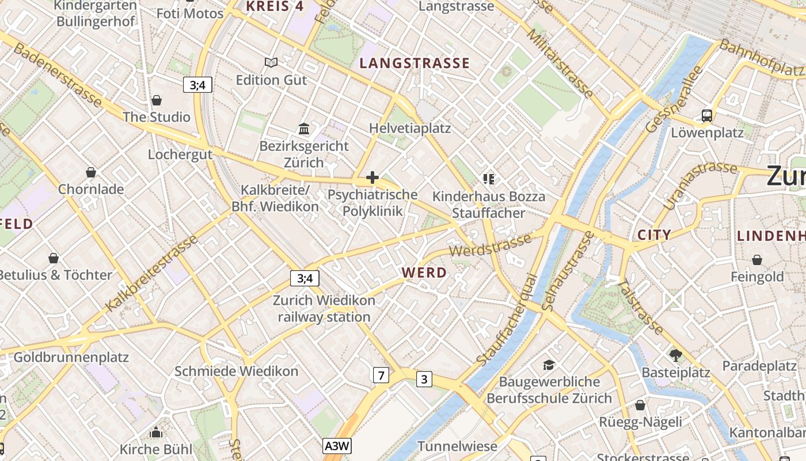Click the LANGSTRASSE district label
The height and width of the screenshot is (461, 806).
pos(415,63)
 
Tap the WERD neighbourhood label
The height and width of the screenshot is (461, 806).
pos(424,273)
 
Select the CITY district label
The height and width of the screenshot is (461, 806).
pos(654,235)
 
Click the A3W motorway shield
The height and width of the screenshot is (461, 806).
pos(337,445)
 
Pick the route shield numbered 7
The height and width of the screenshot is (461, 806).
pos(381,375)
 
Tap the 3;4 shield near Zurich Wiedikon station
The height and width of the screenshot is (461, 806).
pos(305,278)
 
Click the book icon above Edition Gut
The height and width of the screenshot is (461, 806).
pos(271,62)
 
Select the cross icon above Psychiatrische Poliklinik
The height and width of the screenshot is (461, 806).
pos(372,177)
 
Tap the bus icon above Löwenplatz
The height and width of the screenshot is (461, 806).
pos(707,115)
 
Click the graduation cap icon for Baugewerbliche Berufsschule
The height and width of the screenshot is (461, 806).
pos(549,365)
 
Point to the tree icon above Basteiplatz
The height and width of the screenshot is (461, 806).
pos(675,355)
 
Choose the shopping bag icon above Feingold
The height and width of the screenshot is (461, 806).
pos(757,260)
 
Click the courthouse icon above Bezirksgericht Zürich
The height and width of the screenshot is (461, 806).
pos(304,129)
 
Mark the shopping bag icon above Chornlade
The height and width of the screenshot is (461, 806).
pos(91,172)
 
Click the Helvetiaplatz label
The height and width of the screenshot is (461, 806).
pos(410,128)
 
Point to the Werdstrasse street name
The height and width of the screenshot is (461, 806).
pos(490,246)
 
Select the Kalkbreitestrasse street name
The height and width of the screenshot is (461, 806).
pos(152,274)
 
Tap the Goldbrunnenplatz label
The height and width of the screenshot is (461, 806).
pos(71,357)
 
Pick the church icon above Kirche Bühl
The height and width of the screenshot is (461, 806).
pos(155,432)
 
